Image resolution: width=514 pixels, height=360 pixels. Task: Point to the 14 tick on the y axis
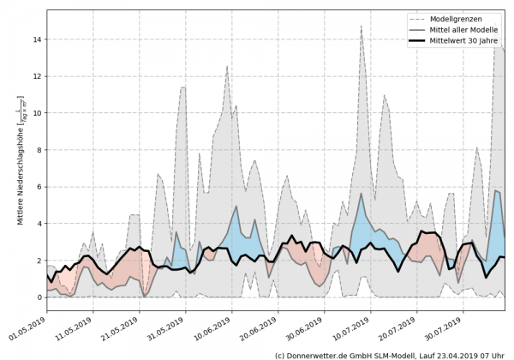coord(37,39)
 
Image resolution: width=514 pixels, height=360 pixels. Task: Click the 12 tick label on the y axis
coord(37,76)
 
